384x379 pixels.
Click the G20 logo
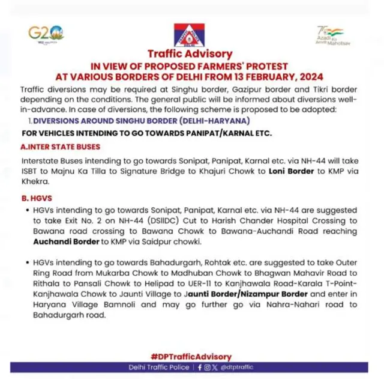point(46,33)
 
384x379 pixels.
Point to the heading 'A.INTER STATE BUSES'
point(61,147)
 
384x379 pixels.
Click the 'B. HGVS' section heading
point(38,198)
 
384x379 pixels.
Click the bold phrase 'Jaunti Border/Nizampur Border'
point(248,294)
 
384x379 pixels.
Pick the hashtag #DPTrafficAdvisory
point(191,357)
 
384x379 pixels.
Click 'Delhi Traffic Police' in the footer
point(158,367)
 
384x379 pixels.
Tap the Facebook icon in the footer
point(200,367)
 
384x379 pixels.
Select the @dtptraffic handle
point(236,367)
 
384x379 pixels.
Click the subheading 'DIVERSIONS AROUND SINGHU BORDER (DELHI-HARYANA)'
point(142,121)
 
